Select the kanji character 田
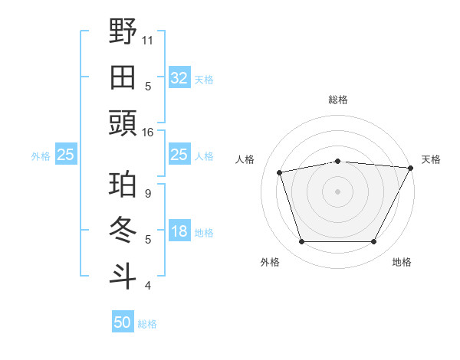[x=123, y=77]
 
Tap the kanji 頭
[x=123, y=123]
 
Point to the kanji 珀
[x=123, y=185]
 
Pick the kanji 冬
[x=123, y=231]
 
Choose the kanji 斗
[x=123, y=276]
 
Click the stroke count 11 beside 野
[x=148, y=39]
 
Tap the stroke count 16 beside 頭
[x=148, y=133]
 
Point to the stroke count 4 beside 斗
[x=148, y=286]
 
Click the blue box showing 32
[x=179, y=77]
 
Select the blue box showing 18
[x=179, y=232]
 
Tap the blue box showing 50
[x=122, y=322]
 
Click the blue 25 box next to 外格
[x=65, y=155]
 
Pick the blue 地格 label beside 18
[x=204, y=233]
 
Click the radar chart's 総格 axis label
[x=338, y=100]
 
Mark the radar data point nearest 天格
[x=411, y=168]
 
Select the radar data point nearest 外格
[x=301, y=242]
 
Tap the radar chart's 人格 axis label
[x=246, y=159]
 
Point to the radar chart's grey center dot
[x=337, y=191]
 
